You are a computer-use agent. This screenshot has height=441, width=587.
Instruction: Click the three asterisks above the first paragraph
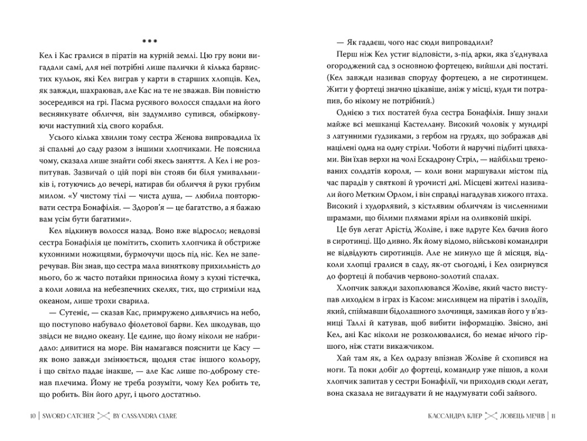pyautogui.click(x=150, y=41)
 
